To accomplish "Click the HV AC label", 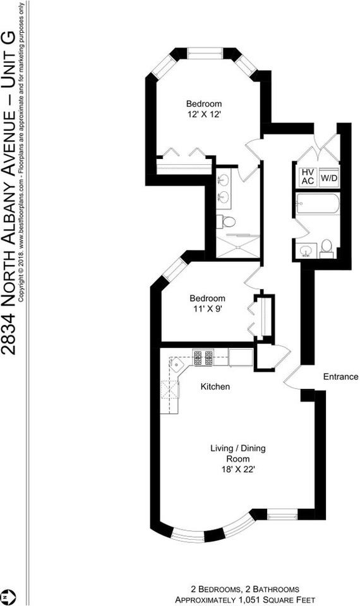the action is point(308,176).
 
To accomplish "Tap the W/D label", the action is point(328,179).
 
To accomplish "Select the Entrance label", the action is point(340,376).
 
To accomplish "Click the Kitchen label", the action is point(215,386).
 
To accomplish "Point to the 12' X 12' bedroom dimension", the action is point(204,114).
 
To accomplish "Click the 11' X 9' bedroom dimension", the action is point(207,309).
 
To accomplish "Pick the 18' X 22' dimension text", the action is point(238,470).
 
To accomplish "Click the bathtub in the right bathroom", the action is point(318,203).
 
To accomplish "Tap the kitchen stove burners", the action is point(203,358).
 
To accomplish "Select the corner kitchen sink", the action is point(176,364).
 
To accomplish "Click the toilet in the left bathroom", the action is point(226,222).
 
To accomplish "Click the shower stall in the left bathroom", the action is point(237,246).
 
